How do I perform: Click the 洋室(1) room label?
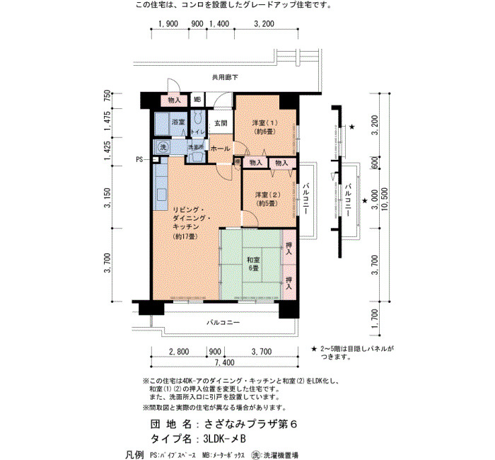265,127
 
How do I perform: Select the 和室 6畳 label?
253,264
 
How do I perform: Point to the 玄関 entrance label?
221,123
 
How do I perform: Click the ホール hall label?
220,148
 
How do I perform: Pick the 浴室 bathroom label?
178,122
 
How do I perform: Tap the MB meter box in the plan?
197,100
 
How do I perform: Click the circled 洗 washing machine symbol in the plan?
163,147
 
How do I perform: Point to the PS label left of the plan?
139,160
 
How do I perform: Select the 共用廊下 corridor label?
225,77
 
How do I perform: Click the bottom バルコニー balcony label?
223,323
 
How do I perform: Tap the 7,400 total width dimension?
224,362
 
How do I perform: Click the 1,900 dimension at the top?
168,23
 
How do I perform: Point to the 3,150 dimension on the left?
108,197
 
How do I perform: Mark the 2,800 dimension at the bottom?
179,352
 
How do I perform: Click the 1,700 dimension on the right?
375,318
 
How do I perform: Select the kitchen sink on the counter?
161,195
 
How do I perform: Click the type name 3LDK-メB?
225,439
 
